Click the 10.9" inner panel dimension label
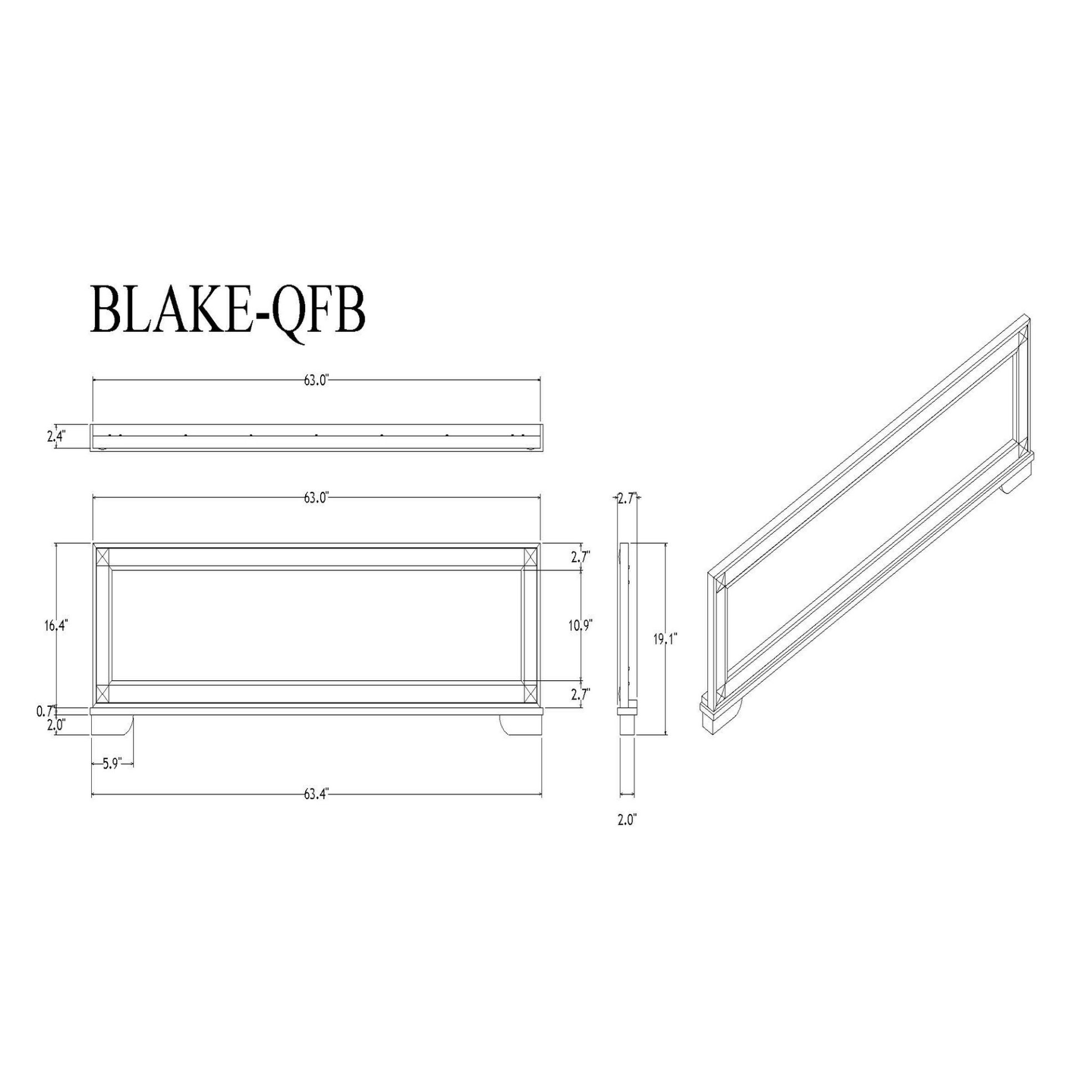click(x=581, y=626)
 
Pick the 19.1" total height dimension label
click(x=665, y=640)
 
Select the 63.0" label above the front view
click(x=317, y=497)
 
